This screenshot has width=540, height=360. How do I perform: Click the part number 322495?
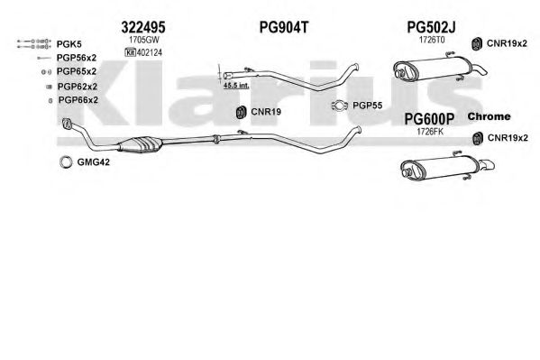143,27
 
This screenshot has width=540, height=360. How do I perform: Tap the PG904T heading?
284,27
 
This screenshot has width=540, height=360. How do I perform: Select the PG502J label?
431,27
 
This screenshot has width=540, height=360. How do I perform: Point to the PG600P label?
429,119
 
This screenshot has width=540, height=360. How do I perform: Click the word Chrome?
489,116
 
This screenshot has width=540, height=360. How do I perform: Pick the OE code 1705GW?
144,40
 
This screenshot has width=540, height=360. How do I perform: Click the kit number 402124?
149,52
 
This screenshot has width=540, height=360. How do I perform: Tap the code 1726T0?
432,40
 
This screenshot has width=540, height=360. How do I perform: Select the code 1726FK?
430,132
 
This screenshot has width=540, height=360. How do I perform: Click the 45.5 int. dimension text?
236,85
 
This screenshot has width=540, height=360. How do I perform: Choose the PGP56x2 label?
77,58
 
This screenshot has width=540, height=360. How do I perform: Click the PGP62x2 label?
78,87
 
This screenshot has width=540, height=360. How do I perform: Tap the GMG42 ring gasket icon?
66,162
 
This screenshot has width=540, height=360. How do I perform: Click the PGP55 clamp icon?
340,106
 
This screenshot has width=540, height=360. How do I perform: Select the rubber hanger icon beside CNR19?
241,112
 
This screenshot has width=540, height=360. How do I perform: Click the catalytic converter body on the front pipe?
141,144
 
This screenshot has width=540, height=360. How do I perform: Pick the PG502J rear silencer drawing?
439,69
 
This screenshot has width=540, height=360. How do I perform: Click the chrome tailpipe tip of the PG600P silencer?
487,165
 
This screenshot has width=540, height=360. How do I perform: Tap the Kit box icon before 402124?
130,52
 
